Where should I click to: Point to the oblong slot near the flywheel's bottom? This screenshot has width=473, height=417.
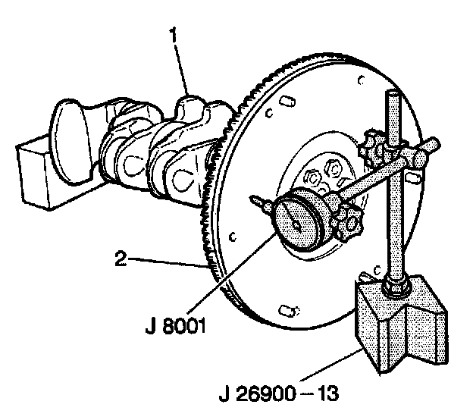pyautogui.click(x=289, y=310)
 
